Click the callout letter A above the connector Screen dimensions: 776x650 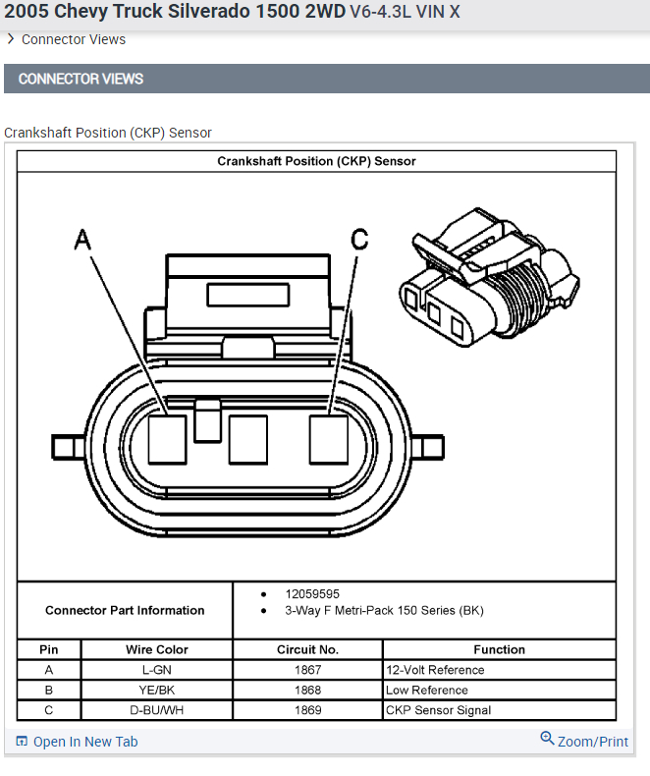[82, 239]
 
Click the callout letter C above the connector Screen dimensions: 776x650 [360, 239]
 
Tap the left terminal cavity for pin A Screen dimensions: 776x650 [167, 439]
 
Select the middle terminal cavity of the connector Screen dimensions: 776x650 [247, 439]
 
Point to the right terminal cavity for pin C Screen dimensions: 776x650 [329, 439]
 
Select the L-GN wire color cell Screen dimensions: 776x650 [156, 670]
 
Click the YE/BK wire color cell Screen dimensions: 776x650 [156, 690]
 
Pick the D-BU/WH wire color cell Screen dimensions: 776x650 [156, 710]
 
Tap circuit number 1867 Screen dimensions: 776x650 [307, 670]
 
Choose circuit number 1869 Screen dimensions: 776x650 [307, 710]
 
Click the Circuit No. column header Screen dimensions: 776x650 [307, 649]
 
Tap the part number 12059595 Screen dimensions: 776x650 [312, 594]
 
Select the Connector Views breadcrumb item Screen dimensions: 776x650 [73, 39]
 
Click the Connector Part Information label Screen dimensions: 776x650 [125, 610]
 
